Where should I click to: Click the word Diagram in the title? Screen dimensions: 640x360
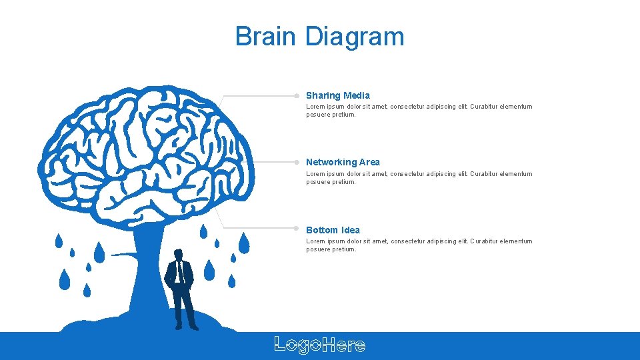[x=355, y=37]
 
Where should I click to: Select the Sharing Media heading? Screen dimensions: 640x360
[x=337, y=95]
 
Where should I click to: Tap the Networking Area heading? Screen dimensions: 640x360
[x=343, y=162]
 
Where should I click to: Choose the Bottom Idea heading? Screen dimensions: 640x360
[x=333, y=230]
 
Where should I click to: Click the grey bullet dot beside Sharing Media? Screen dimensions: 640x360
[x=297, y=95]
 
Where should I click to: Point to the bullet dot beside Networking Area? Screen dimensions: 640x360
[x=297, y=161]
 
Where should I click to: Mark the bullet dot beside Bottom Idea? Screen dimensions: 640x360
[x=297, y=228]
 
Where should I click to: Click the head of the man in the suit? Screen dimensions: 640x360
[x=178, y=255]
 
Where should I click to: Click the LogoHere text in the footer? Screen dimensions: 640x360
[x=320, y=345]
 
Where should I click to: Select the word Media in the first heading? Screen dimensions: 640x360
[x=357, y=95]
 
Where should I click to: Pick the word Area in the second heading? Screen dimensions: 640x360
[x=369, y=162]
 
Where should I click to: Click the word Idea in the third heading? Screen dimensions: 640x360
[x=351, y=230]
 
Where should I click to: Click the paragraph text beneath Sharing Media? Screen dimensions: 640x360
[x=419, y=111]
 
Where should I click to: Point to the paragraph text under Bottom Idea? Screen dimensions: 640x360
[x=419, y=245]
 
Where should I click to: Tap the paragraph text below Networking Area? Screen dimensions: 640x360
[x=419, y=178]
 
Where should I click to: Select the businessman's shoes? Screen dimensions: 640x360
[x=186, y=327]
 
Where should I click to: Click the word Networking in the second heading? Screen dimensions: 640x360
[x=331, y=162]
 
